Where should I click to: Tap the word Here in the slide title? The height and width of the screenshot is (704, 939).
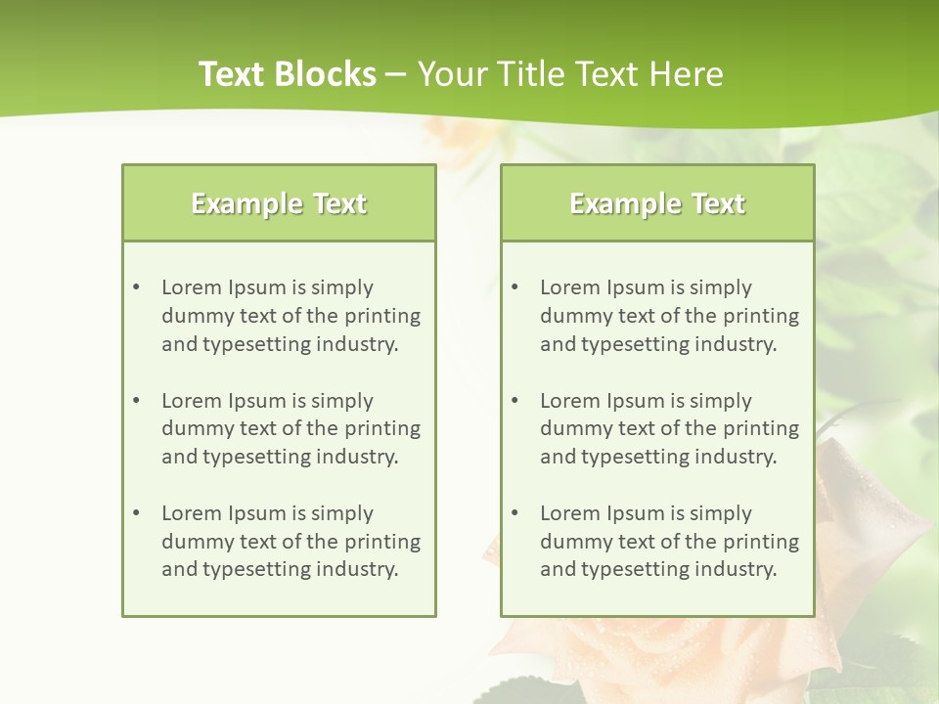[689, 74]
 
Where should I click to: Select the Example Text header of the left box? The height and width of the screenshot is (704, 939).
[279, 203]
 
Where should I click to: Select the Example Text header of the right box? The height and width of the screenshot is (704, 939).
[657, 203]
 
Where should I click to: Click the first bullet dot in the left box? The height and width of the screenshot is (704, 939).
[137, 287]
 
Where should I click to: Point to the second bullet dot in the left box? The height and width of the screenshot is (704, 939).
[137, 401]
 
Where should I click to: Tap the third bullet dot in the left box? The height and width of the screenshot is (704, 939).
[137, 513]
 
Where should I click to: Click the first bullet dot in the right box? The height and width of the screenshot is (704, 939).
[515, 287]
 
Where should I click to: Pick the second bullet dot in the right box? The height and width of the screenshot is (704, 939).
[515, 401]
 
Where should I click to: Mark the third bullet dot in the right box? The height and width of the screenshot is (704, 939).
[515, 513]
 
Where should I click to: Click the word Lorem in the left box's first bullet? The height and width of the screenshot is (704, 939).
[192, 287]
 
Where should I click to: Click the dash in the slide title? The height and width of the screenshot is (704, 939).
[396, 74]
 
